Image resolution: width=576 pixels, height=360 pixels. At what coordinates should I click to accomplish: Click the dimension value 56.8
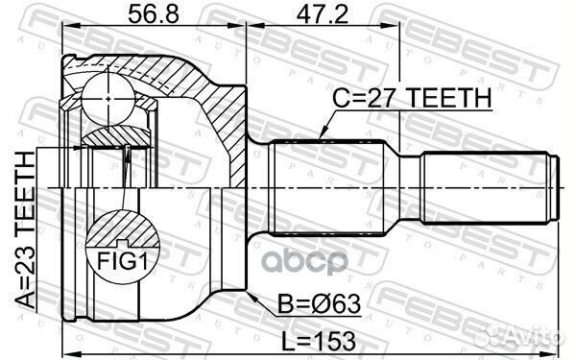click(152, 17)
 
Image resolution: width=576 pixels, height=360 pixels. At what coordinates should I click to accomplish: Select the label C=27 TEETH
click(413, 98)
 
